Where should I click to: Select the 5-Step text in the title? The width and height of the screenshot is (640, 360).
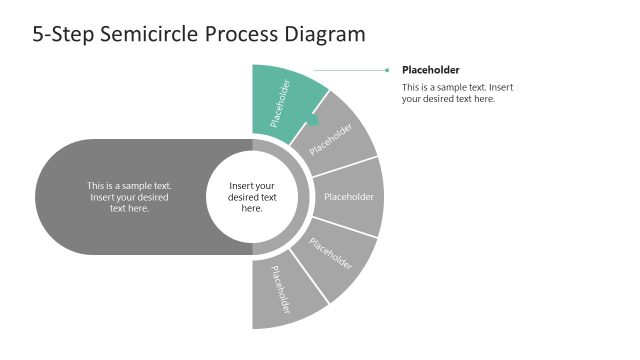(x=67, y=34)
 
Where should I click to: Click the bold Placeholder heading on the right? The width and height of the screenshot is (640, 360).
(x=430, y=70)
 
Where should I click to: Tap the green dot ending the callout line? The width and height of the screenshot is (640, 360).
(x=386, y=70)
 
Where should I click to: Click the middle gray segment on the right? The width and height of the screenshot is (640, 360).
(x=349, y=197)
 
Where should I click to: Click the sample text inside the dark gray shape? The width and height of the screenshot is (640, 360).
(x=129, y=197)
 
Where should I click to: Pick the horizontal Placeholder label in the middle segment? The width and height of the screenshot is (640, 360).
(x=349, y=197)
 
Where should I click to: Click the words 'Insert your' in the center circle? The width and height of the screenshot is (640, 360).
(x=252, y=186)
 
